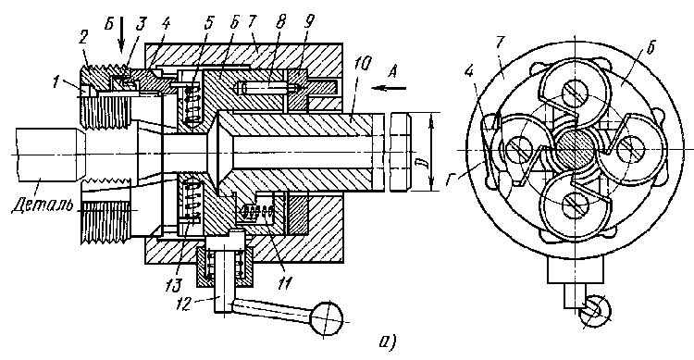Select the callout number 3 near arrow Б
pos(141,25)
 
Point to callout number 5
pos(208,23)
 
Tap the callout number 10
pos(362,65)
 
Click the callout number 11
pos(284,281)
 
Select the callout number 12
pos(184,304)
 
